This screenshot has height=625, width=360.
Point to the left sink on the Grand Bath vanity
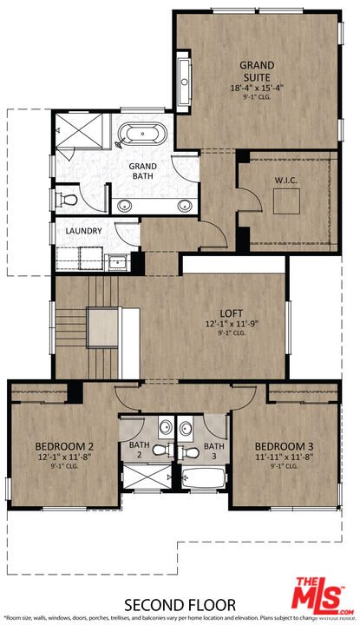(x=125, y=206)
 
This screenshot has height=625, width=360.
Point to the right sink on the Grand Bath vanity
(x=183, y=206)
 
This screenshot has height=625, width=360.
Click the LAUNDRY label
(x=83, y=231)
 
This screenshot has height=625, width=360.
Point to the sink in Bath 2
(x=164, y=428)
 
